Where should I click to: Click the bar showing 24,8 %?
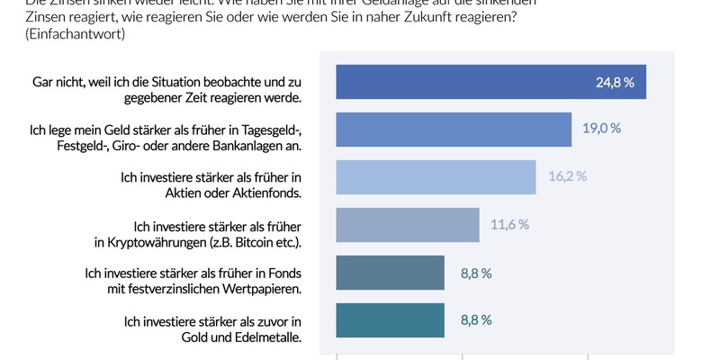pyautogui.click(x=490, y=82)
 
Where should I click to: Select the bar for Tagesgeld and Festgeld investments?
pyautogui.click(x=454, y=130)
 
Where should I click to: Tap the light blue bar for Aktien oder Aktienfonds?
pyautogui.click(x=436, y=177)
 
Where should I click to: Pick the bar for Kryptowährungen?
pyautogui.click(x=407, y=225)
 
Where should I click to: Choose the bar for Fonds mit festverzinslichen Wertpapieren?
pyautogui.click(x=390, y=273)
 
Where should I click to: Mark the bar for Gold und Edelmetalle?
pyautogui.click(x=390, y=320)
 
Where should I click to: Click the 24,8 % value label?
pyautogui.click(x=615, y=82)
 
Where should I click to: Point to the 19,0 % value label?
pyautogui.click(x=602, y=129)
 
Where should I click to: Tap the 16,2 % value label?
pyautogui.click(x=567, y=177)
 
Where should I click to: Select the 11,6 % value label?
pyautogui.click(x=509, y=225)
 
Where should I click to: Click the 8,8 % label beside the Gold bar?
pyautogui.click(x=475, y=320)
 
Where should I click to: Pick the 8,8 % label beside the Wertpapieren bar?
pyautogui.click(x=475, y=273)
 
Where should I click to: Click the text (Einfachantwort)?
pyautogui.click(x=61, y=34)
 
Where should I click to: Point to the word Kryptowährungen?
pyautogui.click(x=175, y=244)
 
